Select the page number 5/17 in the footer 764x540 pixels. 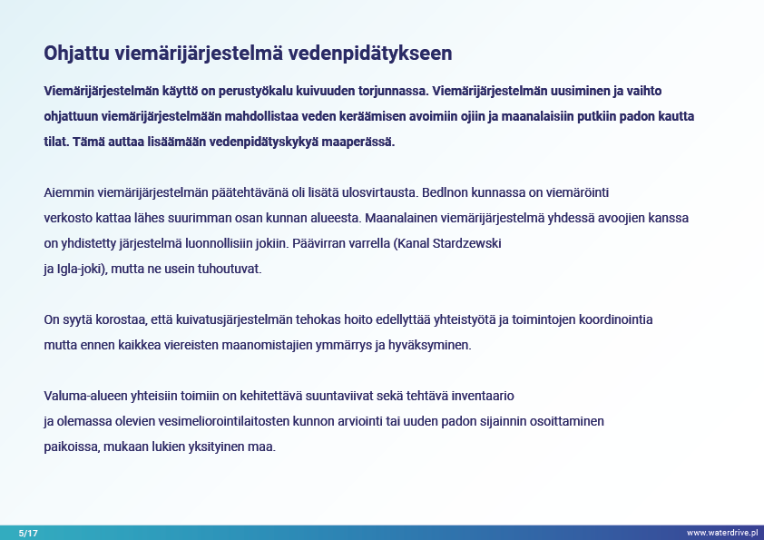click(28, 533)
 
